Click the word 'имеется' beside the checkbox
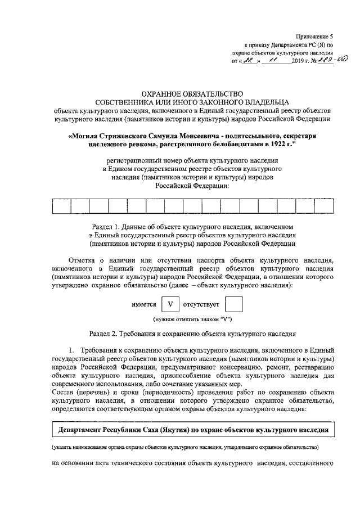(143, 305)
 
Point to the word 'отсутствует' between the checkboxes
(201, 305)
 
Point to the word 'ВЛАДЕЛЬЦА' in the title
(260, 102)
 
